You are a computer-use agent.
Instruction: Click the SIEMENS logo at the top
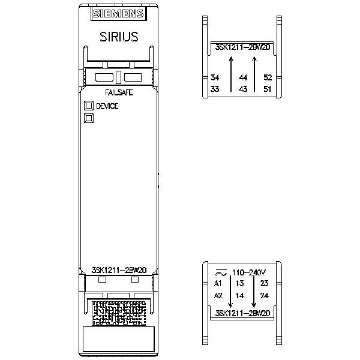tap(119, 14)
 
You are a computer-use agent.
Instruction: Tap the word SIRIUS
tap(119, 37)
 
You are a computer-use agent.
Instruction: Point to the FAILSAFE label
tap(119, 92)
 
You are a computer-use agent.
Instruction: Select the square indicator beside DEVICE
tap(89, 106)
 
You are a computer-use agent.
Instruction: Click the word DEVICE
tap(107, 106)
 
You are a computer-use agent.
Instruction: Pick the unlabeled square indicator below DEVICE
tap(89, 118)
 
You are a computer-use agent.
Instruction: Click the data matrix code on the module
tap(119, 313)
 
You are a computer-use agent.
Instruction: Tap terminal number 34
tap(215, 77)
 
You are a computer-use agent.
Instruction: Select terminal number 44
tap(243, 77)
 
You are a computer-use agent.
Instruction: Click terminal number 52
tap(268, 77)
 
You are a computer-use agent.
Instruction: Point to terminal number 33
tap(215, 89)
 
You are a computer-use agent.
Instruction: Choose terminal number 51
tap(267, 89)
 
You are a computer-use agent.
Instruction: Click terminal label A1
tap(218, 284)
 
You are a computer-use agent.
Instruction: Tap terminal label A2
tap(218, 295)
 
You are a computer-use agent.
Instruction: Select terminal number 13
tap(239, 283)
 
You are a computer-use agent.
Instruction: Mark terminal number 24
tap(264, 295)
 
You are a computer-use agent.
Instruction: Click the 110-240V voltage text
tap(249, 272)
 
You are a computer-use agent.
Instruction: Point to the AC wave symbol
tap(221, 273)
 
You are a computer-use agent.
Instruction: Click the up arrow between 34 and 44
tap(231, 74)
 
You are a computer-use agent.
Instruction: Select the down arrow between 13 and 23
tap(254, 292)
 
